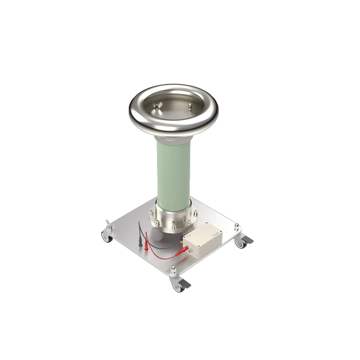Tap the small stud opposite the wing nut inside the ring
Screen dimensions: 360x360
[190, 106]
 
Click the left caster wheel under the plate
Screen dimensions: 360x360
[107, 237]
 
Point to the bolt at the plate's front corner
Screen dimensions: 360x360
[173, 271]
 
